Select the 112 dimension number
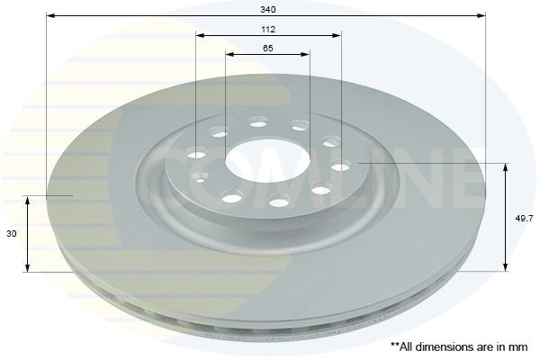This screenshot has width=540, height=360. pyautogui.click(x=268, y=29)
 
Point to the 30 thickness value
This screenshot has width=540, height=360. pyautogui.click(x=10, y=233)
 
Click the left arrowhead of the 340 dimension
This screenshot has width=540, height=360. pyautogui.click(x=50, y=15)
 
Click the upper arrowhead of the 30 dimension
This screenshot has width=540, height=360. pyautogui.click(x=29, y=200)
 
